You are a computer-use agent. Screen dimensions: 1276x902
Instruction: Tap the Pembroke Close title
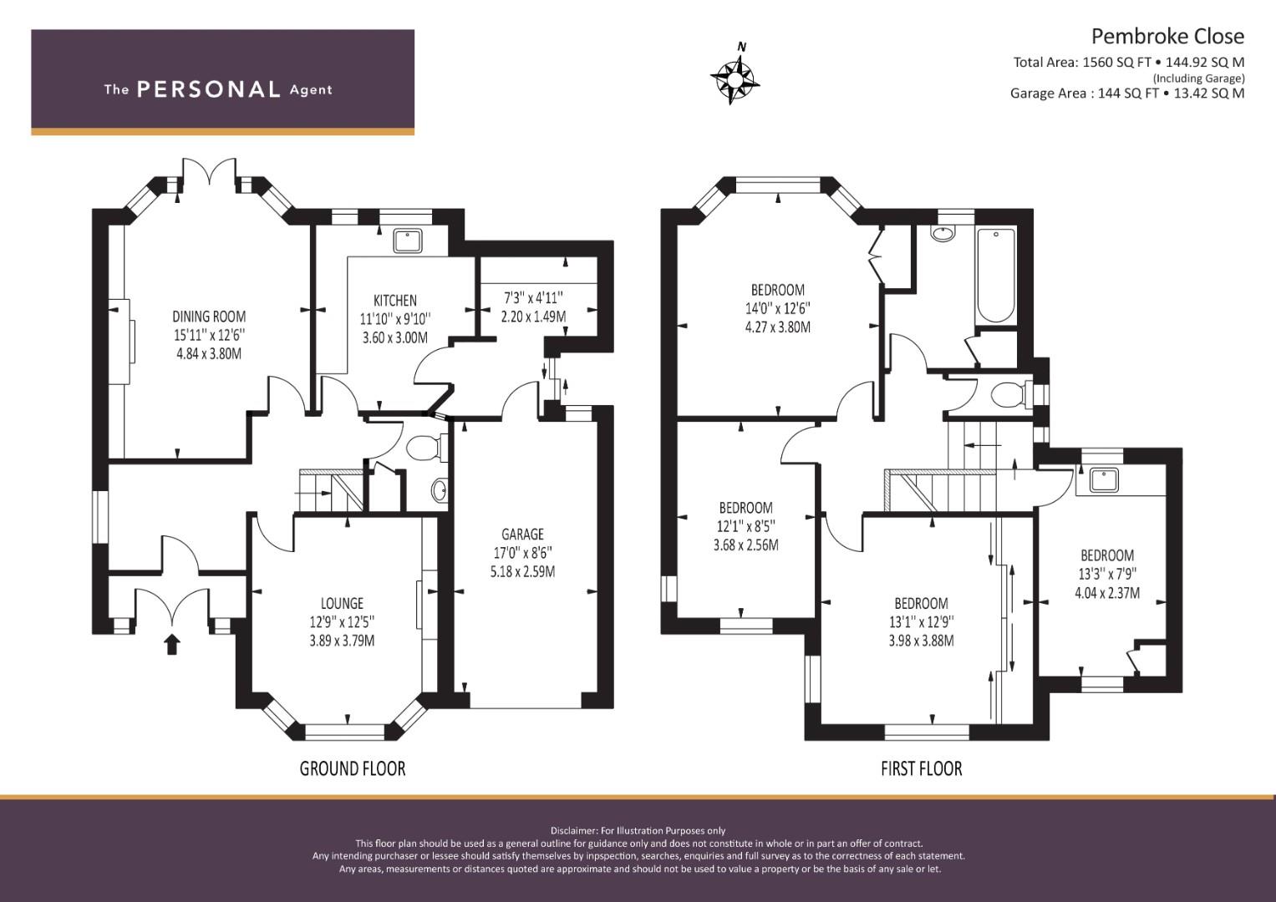tap(1167, 37)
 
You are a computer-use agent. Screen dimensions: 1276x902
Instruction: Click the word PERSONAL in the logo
tap(209, 89)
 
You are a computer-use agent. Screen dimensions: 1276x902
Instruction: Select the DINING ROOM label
tap(209, 316)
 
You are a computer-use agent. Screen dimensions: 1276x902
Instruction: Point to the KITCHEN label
tap(394, 300)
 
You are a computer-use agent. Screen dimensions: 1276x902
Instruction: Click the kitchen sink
tap(407, 241)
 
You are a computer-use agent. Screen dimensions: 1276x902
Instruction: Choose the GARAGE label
tap(522, 535)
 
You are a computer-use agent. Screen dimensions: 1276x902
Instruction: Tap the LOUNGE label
tap(342, 603)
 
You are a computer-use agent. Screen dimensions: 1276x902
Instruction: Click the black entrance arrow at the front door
tap(172, 645)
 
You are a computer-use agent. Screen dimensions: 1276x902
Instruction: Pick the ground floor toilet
tap(427, 448)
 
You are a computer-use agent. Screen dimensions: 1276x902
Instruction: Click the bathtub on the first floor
tap(995, 276)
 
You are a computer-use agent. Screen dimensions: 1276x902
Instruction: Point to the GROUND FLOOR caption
tap(353, 768)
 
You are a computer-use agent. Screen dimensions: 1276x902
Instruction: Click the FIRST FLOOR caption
tap(921, 768)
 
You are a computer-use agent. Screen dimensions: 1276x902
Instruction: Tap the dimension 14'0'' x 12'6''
tap(778, 308)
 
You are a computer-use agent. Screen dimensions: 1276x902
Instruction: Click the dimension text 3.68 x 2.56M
tap(745, 545)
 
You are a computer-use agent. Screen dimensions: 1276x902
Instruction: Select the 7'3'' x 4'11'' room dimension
tap(533, 297)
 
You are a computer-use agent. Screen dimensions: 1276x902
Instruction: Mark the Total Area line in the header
tap(1128, 63)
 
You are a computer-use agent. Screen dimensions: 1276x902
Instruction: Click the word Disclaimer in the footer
tap(574, 831)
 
